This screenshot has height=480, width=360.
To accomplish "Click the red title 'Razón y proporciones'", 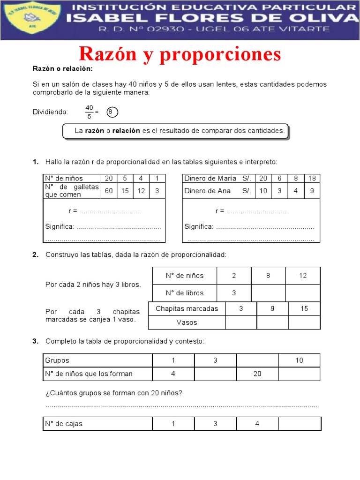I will (180, 54).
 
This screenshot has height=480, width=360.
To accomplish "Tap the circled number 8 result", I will (111, 112).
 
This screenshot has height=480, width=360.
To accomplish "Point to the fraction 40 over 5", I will (90, 112).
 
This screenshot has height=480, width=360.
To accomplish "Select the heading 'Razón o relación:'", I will (63, 69).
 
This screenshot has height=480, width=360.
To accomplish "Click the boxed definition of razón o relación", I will (176, 131).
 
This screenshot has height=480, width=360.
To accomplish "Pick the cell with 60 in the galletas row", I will (109, 190).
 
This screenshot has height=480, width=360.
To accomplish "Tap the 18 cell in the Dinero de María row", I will (312, 178).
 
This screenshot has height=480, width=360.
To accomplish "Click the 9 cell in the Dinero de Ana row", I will (312, 191).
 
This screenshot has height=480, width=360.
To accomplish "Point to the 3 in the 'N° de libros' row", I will (234, 293).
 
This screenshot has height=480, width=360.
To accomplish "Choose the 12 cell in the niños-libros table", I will (303, 276).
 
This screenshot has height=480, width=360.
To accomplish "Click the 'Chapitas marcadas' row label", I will (187, 308).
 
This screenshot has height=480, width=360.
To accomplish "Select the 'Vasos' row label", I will (187, 322).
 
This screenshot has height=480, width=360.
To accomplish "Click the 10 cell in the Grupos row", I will (300, 360).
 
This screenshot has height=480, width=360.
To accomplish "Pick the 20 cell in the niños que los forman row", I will (257, 374).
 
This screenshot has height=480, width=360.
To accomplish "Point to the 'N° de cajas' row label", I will (64, 424).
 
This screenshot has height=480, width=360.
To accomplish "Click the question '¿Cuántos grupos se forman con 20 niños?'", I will (113, 393).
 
